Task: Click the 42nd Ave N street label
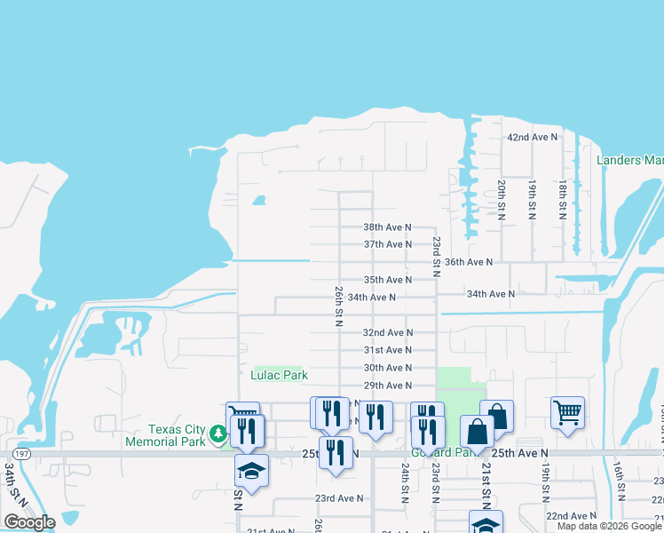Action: point(532,138)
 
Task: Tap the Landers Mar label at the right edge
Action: point(629,161)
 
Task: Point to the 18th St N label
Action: point(563,200)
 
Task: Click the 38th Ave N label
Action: point(387,227)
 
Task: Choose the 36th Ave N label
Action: point(468,262)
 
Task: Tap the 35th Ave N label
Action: point(387,280)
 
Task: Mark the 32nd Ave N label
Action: point(387,332)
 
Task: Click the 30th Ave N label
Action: point(387,368)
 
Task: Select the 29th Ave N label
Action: point(387,386)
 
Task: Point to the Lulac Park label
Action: point(279,376)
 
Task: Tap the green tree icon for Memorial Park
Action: point(218,435)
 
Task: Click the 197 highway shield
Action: point(22,453)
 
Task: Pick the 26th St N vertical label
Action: point(338,306)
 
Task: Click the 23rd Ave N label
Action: point(339,498)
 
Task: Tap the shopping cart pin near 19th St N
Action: point(567,412)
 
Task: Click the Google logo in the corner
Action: point(29,522)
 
